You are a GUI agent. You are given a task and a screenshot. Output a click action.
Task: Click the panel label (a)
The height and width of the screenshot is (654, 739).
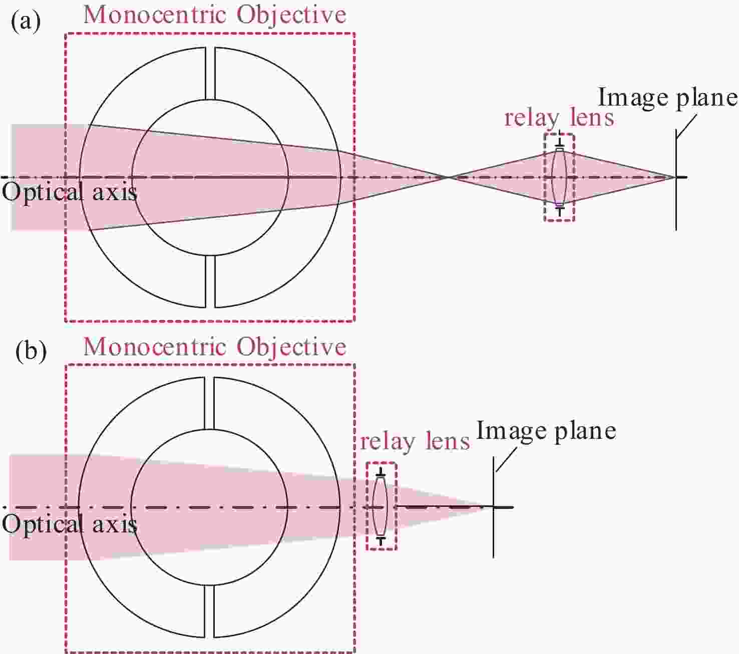(26, 22)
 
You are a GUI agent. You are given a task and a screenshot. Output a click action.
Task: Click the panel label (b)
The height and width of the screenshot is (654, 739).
(31, 351)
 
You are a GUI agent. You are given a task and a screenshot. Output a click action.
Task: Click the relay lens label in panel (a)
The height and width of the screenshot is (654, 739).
(559, 119)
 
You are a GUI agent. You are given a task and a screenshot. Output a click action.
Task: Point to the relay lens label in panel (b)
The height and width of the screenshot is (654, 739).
(415, 442)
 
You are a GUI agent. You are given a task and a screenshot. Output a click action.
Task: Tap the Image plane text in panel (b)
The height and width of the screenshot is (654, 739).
(546, 431)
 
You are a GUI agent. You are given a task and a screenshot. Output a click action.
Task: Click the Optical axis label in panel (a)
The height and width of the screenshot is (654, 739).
(69, 192)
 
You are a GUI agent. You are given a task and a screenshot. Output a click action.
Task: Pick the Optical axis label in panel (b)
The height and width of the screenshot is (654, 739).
(69, 524)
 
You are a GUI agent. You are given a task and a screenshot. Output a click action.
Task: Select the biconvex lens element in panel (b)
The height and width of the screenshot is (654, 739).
(380, 507)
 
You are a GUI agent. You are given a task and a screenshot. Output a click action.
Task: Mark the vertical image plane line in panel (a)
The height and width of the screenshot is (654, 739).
(676, 180)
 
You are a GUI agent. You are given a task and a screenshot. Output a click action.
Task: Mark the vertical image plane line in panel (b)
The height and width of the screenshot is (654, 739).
(494, 507)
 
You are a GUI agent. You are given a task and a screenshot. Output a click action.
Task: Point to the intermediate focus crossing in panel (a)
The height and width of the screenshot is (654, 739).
(449, 177)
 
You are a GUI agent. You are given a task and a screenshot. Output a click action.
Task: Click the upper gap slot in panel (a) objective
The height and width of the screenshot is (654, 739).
(210, 73)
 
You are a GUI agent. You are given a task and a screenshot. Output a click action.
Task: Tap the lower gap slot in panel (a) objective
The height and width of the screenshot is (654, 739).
(210, 281)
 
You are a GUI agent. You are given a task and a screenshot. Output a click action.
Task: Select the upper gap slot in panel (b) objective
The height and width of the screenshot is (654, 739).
(209, 403)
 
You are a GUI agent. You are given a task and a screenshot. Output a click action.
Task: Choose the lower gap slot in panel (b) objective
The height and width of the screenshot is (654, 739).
(209, 611)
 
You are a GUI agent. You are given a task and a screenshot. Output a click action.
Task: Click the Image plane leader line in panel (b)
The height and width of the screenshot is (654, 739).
(506, 459)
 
